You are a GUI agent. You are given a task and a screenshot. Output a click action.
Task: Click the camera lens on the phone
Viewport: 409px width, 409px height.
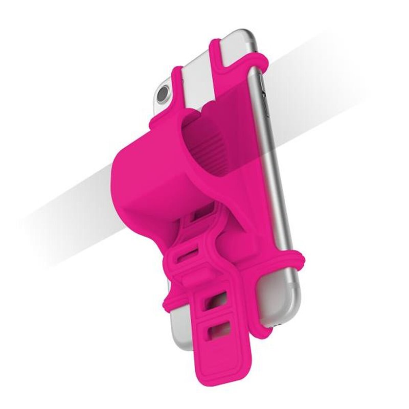coord(163,95)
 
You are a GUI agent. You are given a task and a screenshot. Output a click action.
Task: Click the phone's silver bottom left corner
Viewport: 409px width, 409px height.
coord(176,327)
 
